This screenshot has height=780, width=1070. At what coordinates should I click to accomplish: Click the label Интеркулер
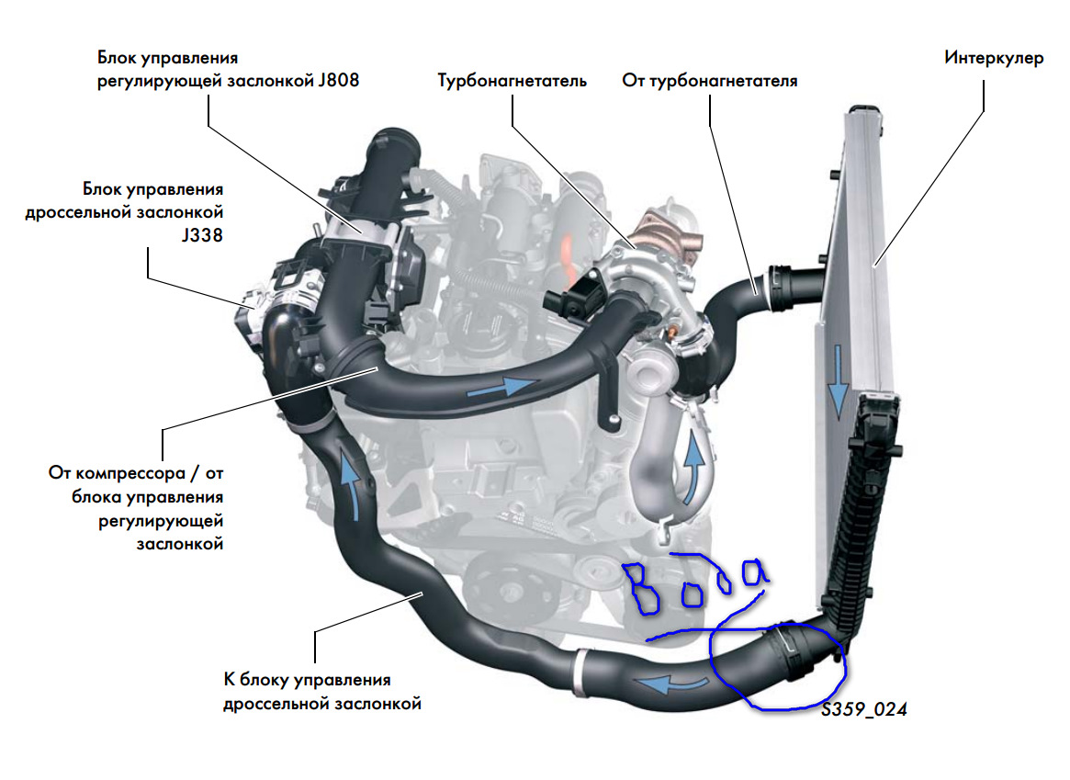pos(994,58)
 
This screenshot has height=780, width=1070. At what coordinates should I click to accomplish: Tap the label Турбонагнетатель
pos(512,81)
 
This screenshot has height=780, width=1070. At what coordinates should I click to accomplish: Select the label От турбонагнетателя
pos(710,81)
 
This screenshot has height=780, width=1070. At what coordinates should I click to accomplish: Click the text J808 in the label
pos(335,80)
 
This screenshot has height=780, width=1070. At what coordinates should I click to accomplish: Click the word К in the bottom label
pos(230,681)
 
